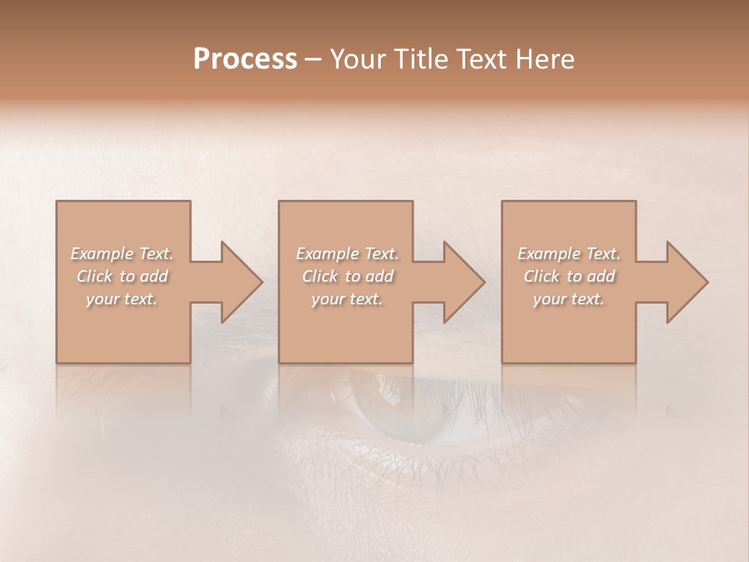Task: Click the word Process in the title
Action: [x=245, y=59]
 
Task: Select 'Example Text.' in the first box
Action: [x=122, y=254]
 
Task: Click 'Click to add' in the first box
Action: [x=122, y=276]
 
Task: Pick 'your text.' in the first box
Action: [x=122, y=299]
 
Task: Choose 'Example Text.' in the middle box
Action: [x=347, y=254]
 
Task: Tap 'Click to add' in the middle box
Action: [x=347, y=276]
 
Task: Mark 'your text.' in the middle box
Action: [x=347, y=299]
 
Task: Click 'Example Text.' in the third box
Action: [x=569, y=254]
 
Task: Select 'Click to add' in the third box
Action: [x=569, y=276]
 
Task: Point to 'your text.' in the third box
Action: [x=569, y=299]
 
